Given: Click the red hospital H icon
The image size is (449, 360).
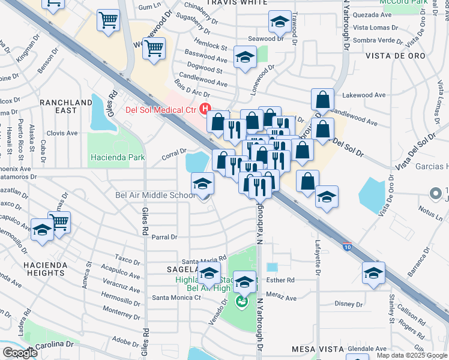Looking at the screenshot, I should [205, 109].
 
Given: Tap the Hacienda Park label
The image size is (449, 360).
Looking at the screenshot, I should [118, 157].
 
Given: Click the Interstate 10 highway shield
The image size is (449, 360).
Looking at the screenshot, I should [348, 246].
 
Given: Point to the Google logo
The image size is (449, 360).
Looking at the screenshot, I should [19, 353].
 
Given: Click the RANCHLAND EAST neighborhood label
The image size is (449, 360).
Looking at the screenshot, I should [67, 106].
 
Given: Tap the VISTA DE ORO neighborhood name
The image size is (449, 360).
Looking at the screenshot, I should [395, 55].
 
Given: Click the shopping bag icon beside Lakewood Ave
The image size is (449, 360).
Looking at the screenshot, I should [323, 100].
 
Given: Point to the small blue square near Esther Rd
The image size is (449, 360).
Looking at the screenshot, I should [273, 267].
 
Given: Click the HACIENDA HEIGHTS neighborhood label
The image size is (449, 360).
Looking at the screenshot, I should [43, 268].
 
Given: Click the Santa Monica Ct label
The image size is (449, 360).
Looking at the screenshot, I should [176, 297].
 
